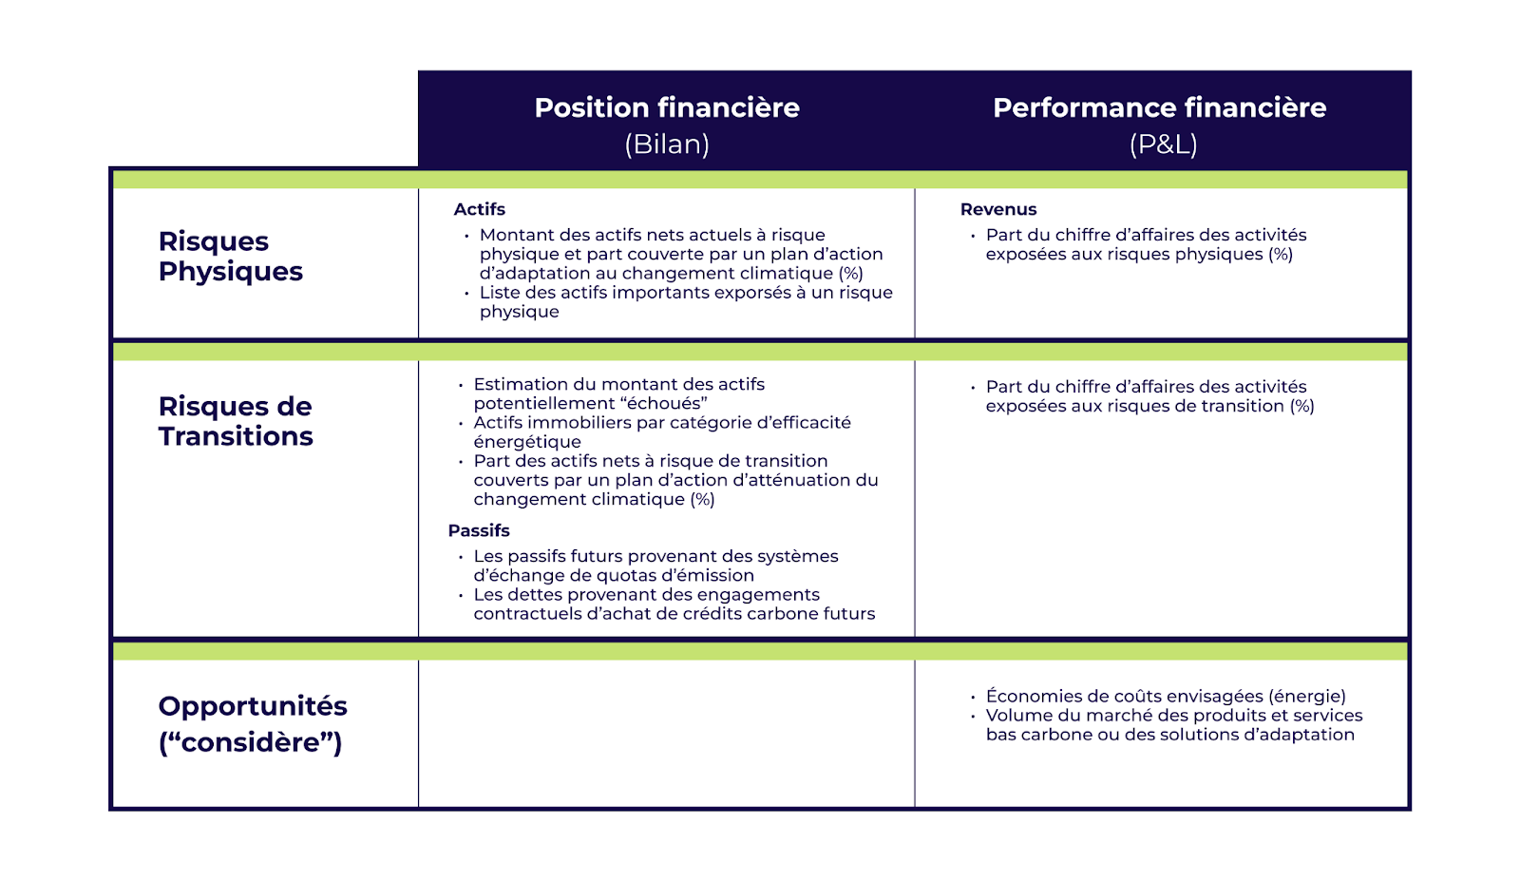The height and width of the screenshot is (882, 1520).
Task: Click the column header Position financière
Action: [x=666, y=107]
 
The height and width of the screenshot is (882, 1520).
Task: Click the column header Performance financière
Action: [x=1159, y=107]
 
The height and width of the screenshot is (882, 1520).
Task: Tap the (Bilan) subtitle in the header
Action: [x=667, y=144]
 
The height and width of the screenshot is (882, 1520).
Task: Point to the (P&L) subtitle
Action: [x=1163, y=144]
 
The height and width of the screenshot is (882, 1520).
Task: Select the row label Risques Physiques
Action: [x=230, y=257]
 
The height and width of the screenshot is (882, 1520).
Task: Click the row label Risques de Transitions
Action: [x=235, y=421]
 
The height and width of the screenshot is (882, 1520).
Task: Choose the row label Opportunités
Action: [x=253, y=706]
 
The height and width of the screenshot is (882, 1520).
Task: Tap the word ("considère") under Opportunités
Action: [x=250, y=742]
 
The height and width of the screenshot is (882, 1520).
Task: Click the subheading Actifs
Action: [x=479, y=209]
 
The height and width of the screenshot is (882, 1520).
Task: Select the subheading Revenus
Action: [x=997, y=209]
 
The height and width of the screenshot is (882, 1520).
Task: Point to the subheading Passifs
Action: [x=479, y=530]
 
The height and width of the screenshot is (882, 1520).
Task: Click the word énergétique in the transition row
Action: [x=527, y=442]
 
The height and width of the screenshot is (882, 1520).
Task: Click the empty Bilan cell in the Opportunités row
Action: [x=666, y=733]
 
